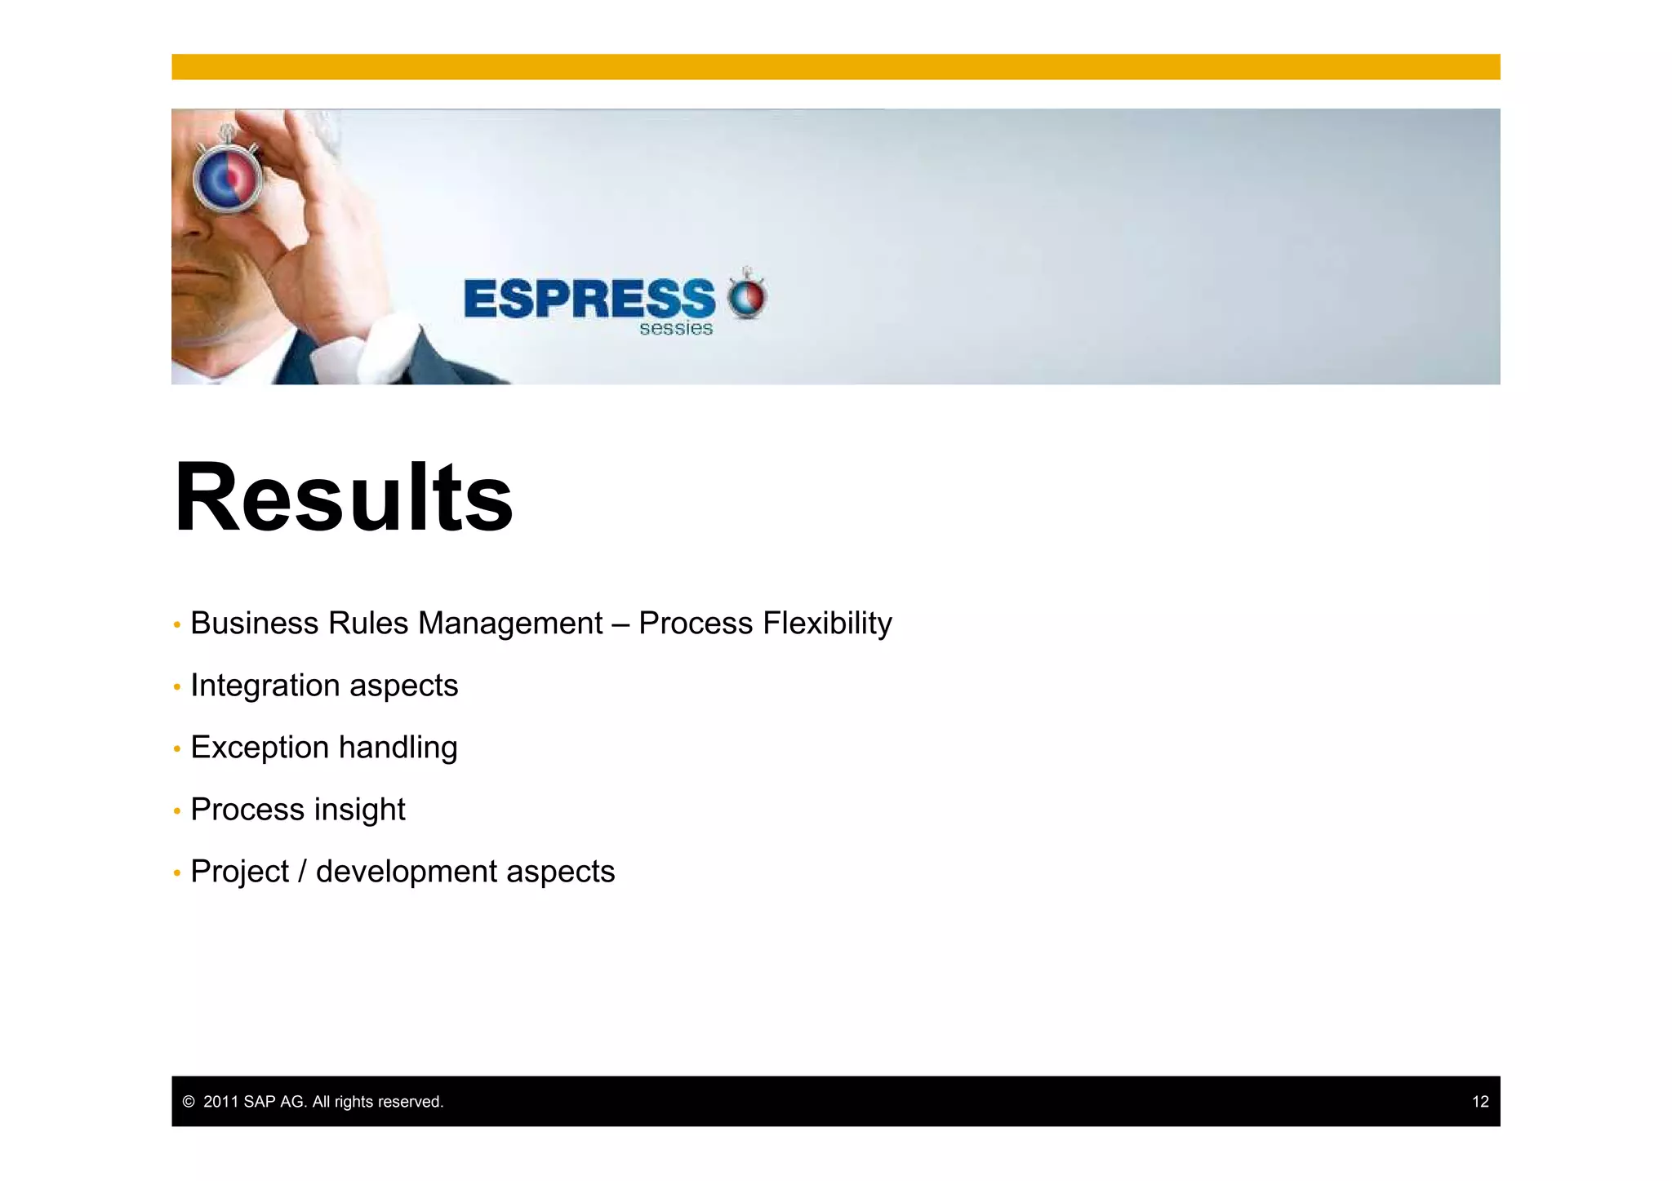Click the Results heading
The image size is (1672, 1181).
click(344, 497)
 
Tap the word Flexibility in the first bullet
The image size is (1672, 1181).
click(827, 624)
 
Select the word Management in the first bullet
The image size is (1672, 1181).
click(510, 624)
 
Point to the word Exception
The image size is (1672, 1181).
click(260, 748)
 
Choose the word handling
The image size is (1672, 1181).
click(398, 748)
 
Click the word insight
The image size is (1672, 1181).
click(360, 810)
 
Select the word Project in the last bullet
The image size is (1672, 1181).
click(239, 872)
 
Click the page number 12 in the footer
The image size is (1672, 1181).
click(1480, 1102)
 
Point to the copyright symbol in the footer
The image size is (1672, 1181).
click(189, 1102)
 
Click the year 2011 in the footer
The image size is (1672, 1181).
click(220, 1102)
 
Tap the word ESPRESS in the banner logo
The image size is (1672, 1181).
click(589, 299)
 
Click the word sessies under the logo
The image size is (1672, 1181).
click(676, 329)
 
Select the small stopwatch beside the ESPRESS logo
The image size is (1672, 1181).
click(747, 295)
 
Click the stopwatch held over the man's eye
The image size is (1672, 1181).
click(228, 175)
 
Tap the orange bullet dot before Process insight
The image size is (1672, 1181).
click(177, 811)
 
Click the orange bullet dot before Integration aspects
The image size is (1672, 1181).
click(177, 687)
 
